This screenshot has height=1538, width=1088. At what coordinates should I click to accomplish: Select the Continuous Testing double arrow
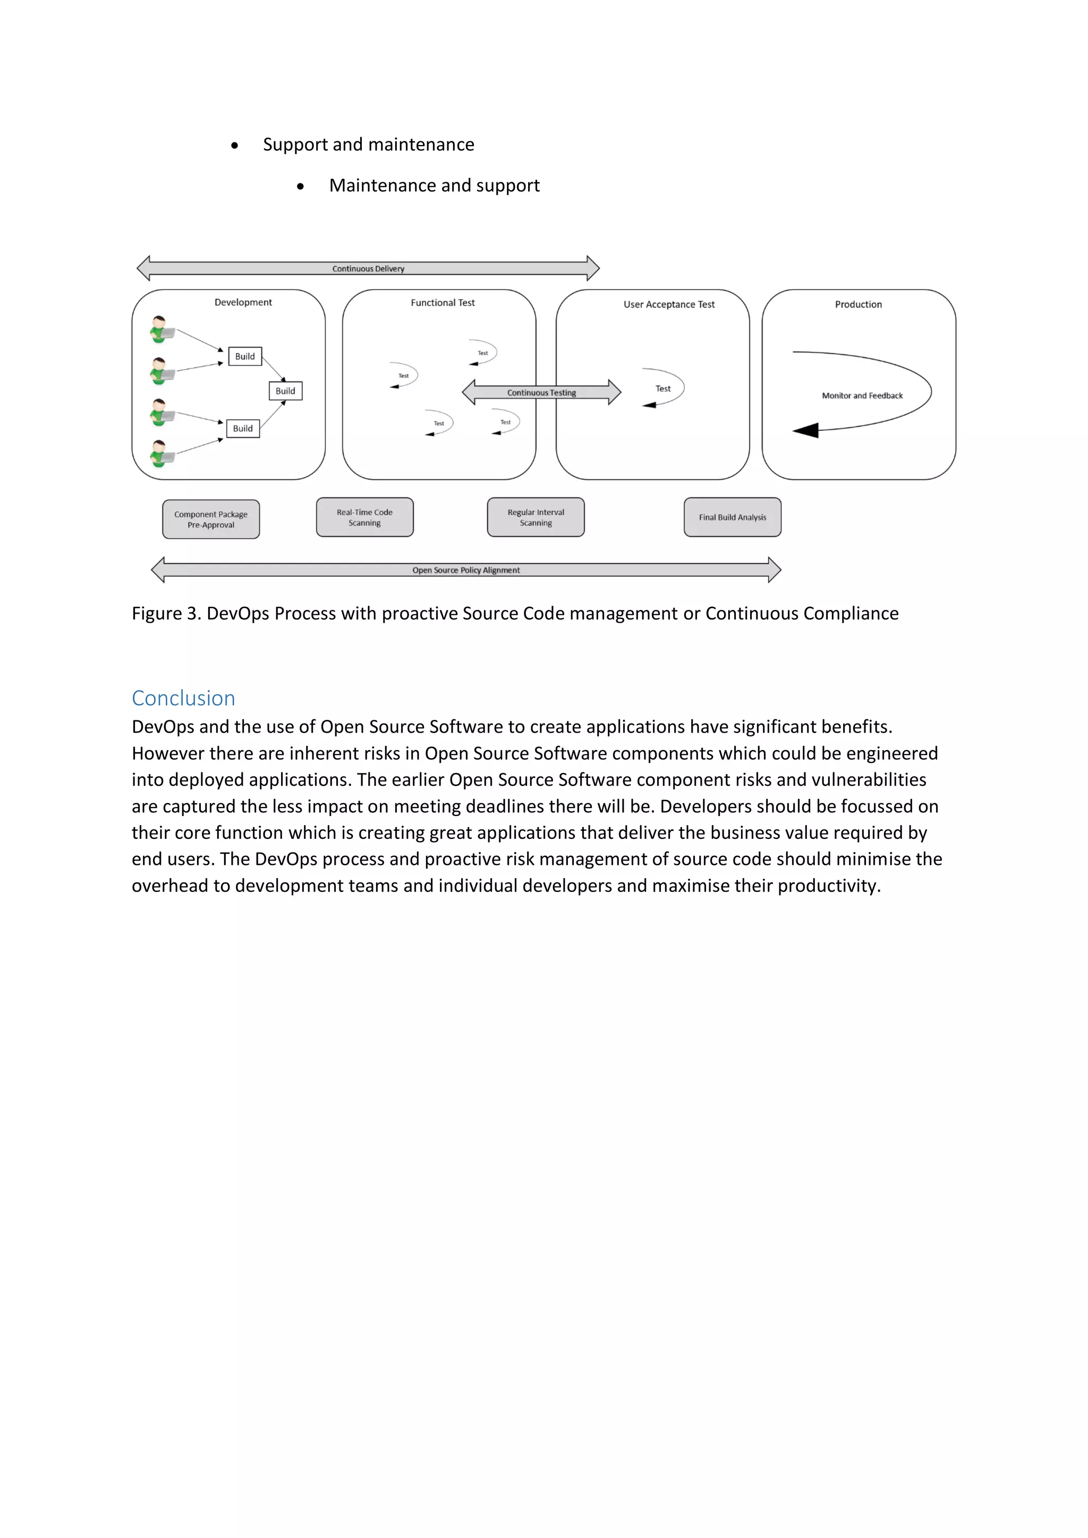click(541, 393)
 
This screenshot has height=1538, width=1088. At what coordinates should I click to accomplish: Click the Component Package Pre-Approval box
click(211, 519)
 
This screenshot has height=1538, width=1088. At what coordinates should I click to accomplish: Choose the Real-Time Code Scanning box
click(364, 517)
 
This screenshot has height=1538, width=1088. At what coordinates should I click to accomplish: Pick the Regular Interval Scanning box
click(535, 517)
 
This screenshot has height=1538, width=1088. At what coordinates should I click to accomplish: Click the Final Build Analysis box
click(732, 517)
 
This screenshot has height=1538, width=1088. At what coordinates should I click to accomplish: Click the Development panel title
click(243, 302)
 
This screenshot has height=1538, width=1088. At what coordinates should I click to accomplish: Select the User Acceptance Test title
click(669, 304)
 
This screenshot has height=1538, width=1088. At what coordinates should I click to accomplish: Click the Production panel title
click(858, 304)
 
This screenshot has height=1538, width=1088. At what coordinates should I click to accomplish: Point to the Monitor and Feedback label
click(862, 396)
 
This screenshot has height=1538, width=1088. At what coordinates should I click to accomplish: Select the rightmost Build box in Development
click(285, 390)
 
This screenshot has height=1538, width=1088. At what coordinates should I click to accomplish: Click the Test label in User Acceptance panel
click(662, 388)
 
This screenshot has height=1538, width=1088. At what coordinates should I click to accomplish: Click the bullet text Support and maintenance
click(369, 145)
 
